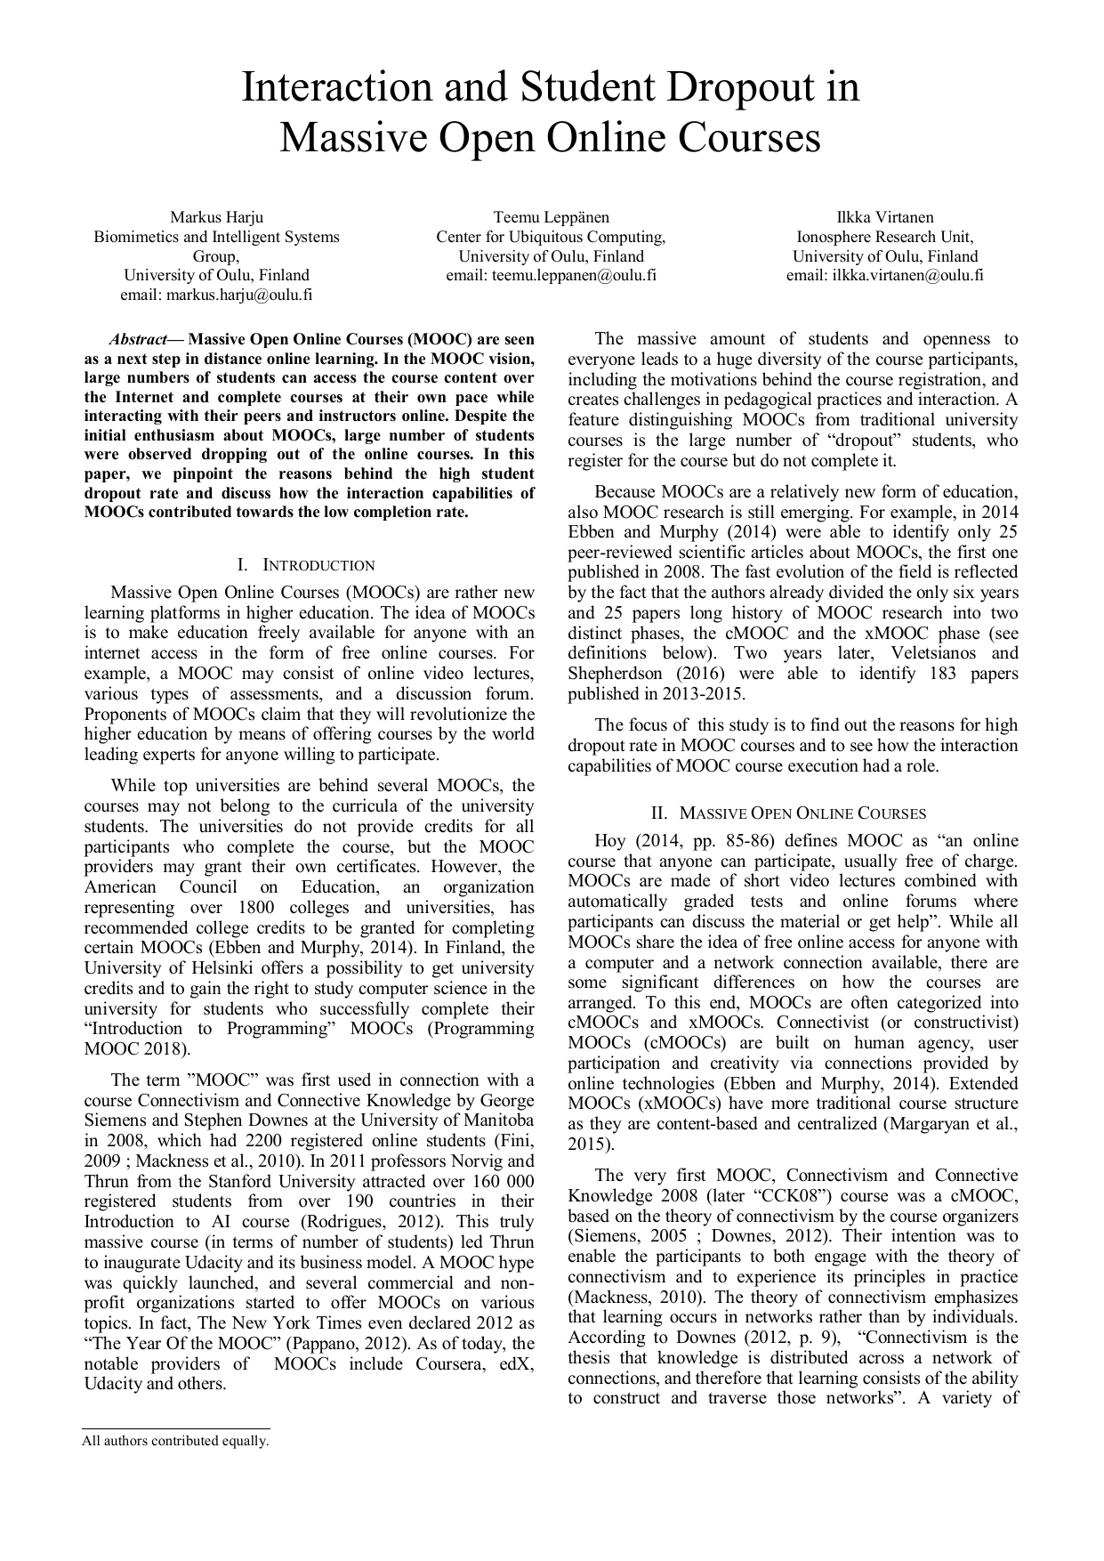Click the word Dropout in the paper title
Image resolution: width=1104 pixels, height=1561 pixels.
click(739, 87)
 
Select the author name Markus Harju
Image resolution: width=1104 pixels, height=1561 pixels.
click(216, 217)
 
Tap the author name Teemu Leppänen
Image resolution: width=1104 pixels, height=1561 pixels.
click(551, 217)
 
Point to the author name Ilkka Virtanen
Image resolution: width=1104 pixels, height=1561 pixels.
click(884, 217)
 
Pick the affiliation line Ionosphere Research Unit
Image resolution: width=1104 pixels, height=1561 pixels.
click(884, 237)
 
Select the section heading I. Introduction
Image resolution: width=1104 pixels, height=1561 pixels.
click(306, 565)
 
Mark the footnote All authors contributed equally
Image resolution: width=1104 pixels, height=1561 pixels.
click(175, 1441)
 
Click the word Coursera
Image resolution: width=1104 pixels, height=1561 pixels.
click(449, 1363)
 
